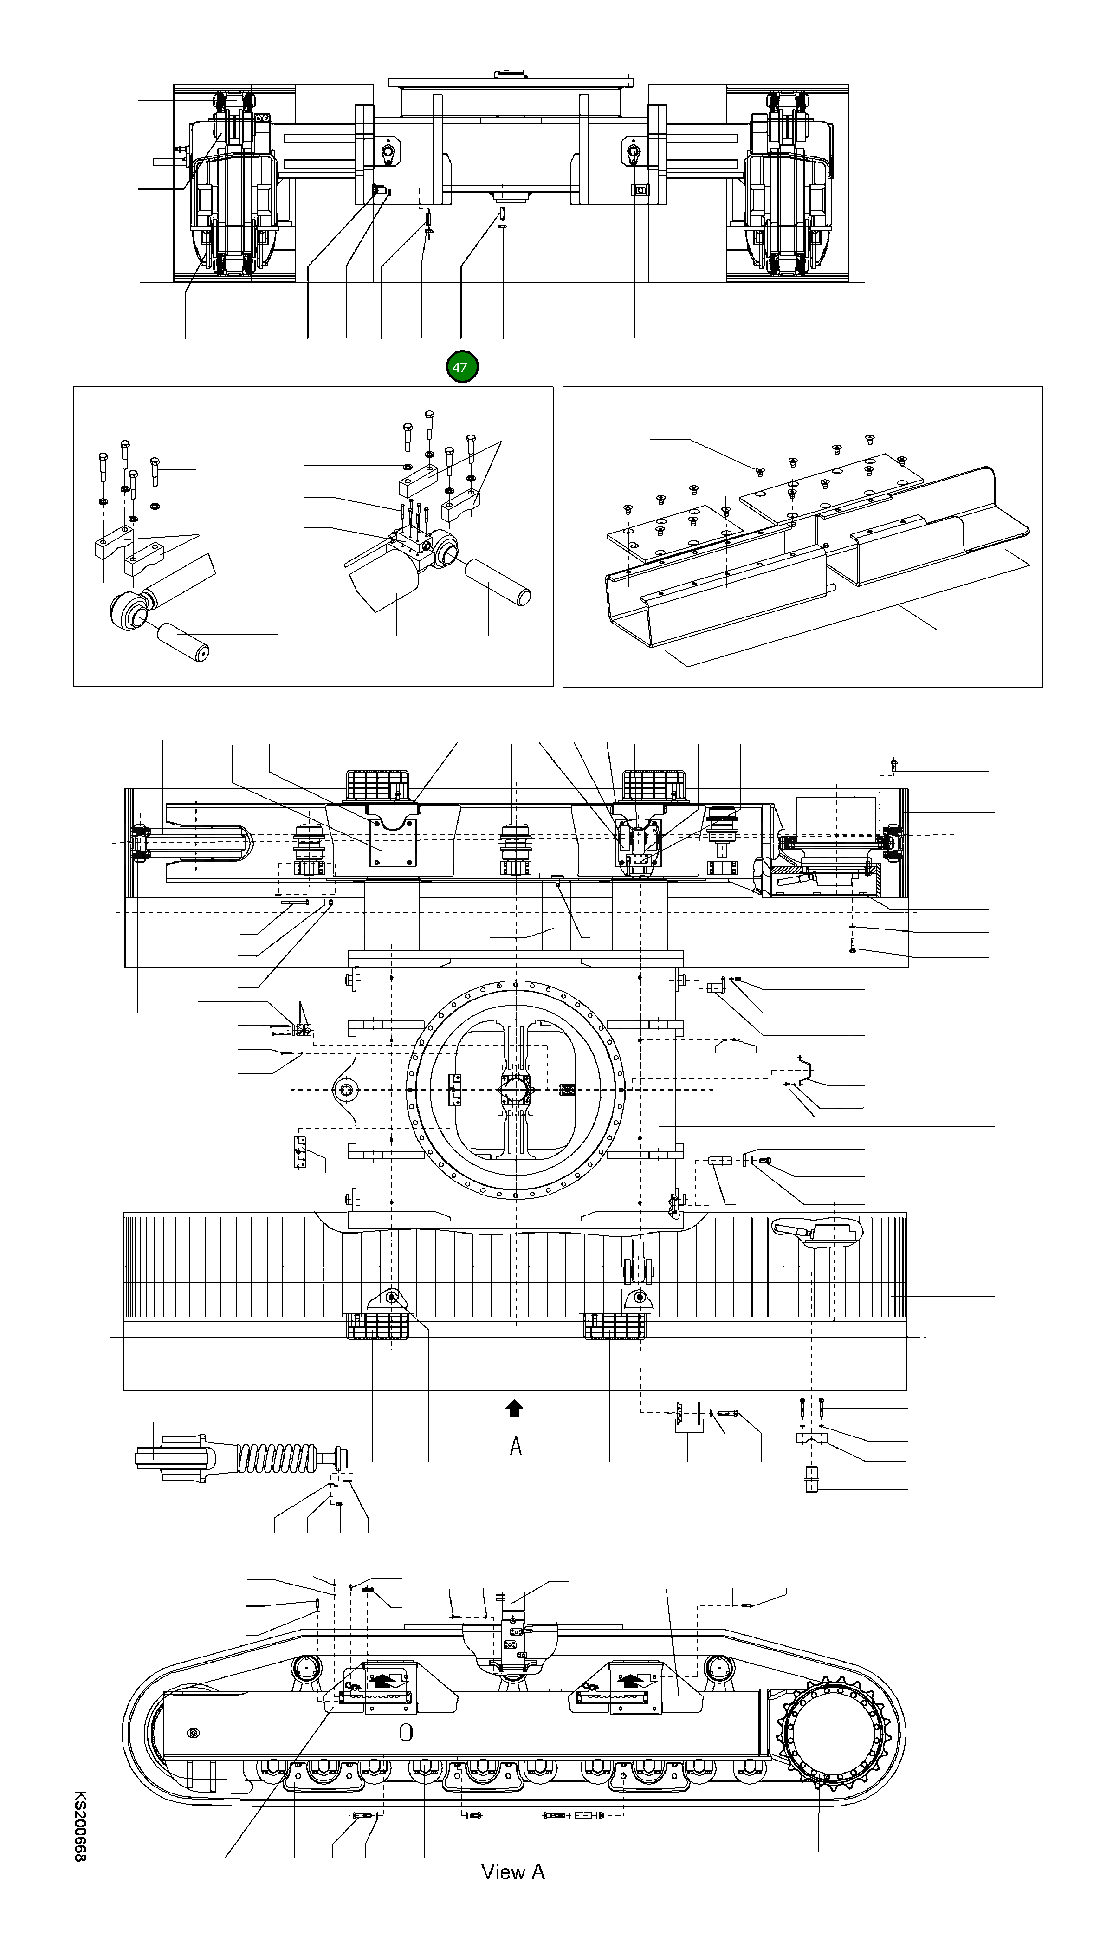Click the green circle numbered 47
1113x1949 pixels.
462,367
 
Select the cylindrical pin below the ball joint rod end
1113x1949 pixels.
183,642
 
